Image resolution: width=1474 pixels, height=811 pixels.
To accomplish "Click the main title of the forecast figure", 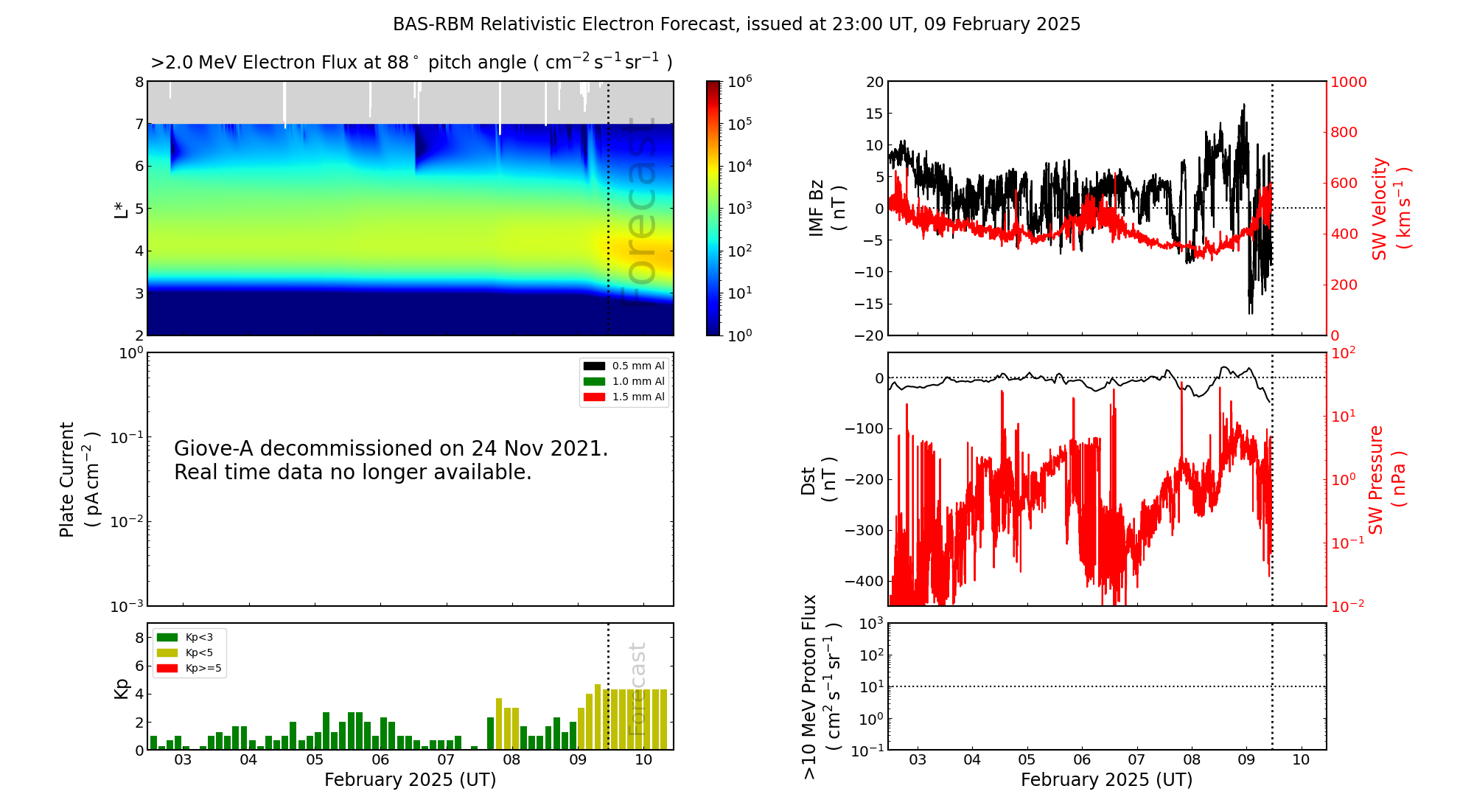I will coord(736,24).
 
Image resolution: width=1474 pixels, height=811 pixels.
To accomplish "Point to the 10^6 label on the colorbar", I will coord(739,81).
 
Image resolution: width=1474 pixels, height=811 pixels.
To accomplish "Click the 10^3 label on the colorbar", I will coord(739,208).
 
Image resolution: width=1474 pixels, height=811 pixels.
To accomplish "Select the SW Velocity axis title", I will coord(1390,209).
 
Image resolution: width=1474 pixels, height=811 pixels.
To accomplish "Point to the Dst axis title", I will coord(818,480).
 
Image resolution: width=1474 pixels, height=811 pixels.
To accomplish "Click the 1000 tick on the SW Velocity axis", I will coord(1348,82).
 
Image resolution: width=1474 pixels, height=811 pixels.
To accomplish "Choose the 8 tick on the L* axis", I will coord(139,82).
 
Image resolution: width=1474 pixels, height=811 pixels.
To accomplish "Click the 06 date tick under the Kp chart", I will coord(380,760).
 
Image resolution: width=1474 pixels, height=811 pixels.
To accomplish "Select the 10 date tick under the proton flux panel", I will coord(1301,760).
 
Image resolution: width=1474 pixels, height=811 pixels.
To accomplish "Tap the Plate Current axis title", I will coord(78,479).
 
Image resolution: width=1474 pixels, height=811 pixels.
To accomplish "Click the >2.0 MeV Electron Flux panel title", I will coord(411,63).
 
